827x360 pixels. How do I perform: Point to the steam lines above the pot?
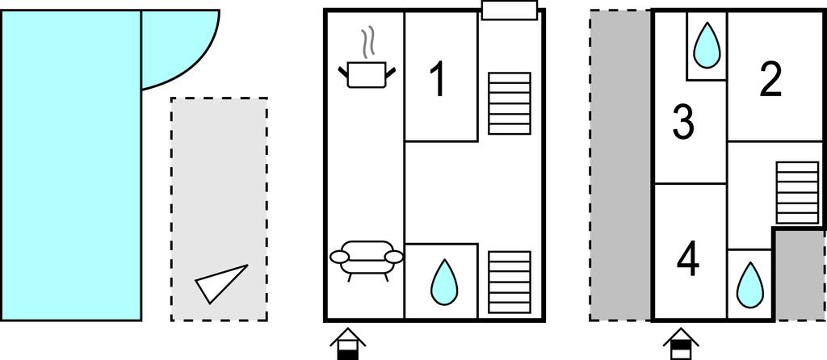pyautogui.click(x=369, y=44)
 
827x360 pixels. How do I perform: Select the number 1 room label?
pyautogui.click(x=438, y=81)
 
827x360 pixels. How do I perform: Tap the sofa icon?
pyautogui.click(x=367, y=258)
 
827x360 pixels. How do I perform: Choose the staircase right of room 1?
pyautogui.click(x=509, y=103)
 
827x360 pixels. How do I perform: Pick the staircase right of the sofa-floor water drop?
pyautogui.click(x=510, y=282)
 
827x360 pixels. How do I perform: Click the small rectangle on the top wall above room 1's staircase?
pyautogui.click(x=509, y=10)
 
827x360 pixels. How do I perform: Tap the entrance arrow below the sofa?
pyautogui.click(x=346, y=342)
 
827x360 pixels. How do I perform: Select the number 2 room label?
pyautogui.click(x=771, y=81)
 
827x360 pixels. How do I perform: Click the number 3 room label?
pyautogui.click(x=683, y=123)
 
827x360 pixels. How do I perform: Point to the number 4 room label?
pyautogui.click(x=688, y=260)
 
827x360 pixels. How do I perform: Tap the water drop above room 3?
pyautogui.click(x=707, y=45)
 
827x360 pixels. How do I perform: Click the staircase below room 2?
pyautogui.click(x=797, y=192)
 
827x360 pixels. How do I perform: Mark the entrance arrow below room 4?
pyautogui.click(x=680, y=342)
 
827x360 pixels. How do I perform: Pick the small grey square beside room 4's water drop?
pyautogui.click(x=800, y=274)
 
